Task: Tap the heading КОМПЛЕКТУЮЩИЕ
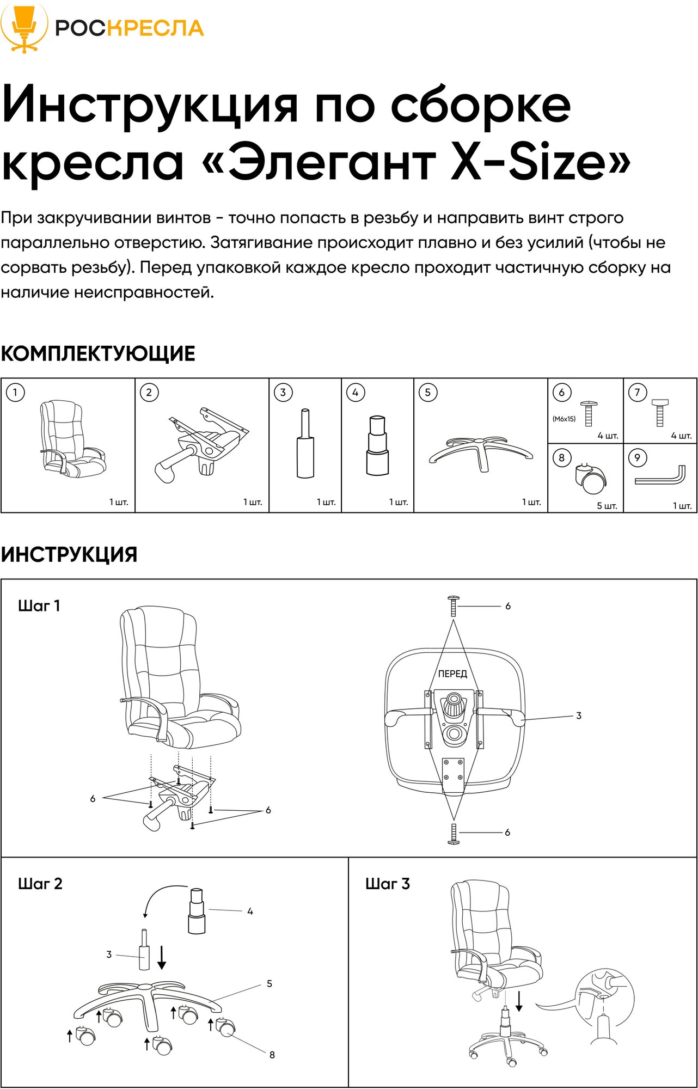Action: coord(98,354)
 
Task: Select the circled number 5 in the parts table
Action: coord(428,392)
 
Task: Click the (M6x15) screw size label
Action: coord(564,419)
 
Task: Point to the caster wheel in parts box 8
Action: coord(590,478)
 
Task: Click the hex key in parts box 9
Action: coord(660,475)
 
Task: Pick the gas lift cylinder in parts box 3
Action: coord(305,444)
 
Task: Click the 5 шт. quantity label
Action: coord(607,506)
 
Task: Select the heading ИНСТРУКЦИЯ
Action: coord(69,555)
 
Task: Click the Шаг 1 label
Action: coord(39,606)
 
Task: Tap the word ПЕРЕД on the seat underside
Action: coord(452,674)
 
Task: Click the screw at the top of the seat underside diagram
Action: coord(453,605)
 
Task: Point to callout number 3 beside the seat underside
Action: coord(579,715)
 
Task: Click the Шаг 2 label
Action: coord(40,884)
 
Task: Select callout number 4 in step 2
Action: coord(250,911)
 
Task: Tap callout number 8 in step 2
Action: coord(272,1055)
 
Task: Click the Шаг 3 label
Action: coord(387,884)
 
